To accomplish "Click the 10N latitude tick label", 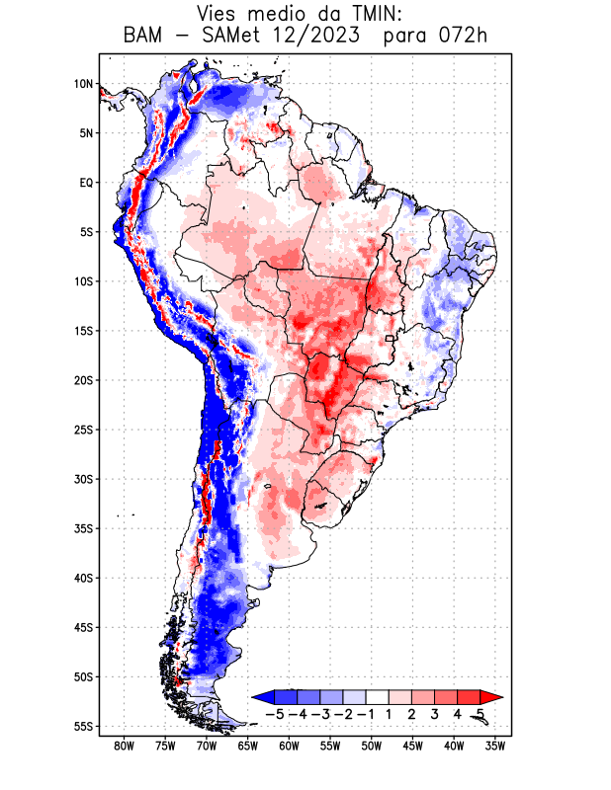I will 83,84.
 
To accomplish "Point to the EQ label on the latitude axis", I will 85,183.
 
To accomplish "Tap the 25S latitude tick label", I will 83,430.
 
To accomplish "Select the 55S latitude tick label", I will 83,726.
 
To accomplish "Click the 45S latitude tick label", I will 83,627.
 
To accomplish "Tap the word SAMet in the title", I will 234,38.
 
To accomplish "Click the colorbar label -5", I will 274,713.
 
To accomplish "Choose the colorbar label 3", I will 435,713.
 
